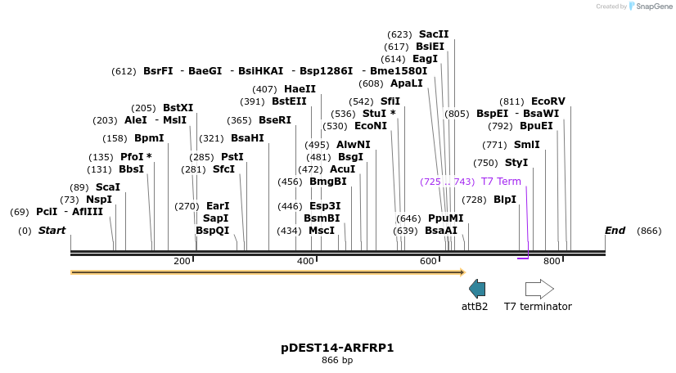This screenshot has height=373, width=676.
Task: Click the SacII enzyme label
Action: click(x=434, y=34)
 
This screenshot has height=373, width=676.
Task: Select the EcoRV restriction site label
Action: click(x=548, y=101)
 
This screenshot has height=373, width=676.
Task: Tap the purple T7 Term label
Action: click(x=501, y=182)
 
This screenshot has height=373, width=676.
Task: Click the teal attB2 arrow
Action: click(x=477, y=288)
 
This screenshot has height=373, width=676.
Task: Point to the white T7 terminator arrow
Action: click(x=539, y=289)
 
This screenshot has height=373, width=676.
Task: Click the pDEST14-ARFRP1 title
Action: click(x=337, y=348)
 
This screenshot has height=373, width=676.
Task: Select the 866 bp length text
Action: click(x=337, y=360)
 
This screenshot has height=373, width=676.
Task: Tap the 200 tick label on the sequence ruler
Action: click(x=182, y=261)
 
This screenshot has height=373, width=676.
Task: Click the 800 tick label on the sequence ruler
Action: click(x=552, y=261)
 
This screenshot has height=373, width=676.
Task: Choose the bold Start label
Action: click(x=52, y=231)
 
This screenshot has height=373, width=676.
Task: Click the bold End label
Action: click(x=615, y=231)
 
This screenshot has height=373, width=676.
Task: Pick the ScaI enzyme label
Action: click(x=108, y=187)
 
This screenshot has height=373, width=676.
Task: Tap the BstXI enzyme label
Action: click(x=178, y=108)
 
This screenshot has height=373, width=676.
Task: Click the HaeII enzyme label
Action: click(x=300, y=89)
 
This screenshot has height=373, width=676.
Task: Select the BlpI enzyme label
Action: click(x=505, y=200)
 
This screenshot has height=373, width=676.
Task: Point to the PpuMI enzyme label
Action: click(x=445, y=218)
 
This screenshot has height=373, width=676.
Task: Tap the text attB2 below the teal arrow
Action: click(x=475, y=307)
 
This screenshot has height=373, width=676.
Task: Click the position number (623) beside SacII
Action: click(x=399, y=34)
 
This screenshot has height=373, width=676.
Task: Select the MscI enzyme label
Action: click(x=321, y=231)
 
